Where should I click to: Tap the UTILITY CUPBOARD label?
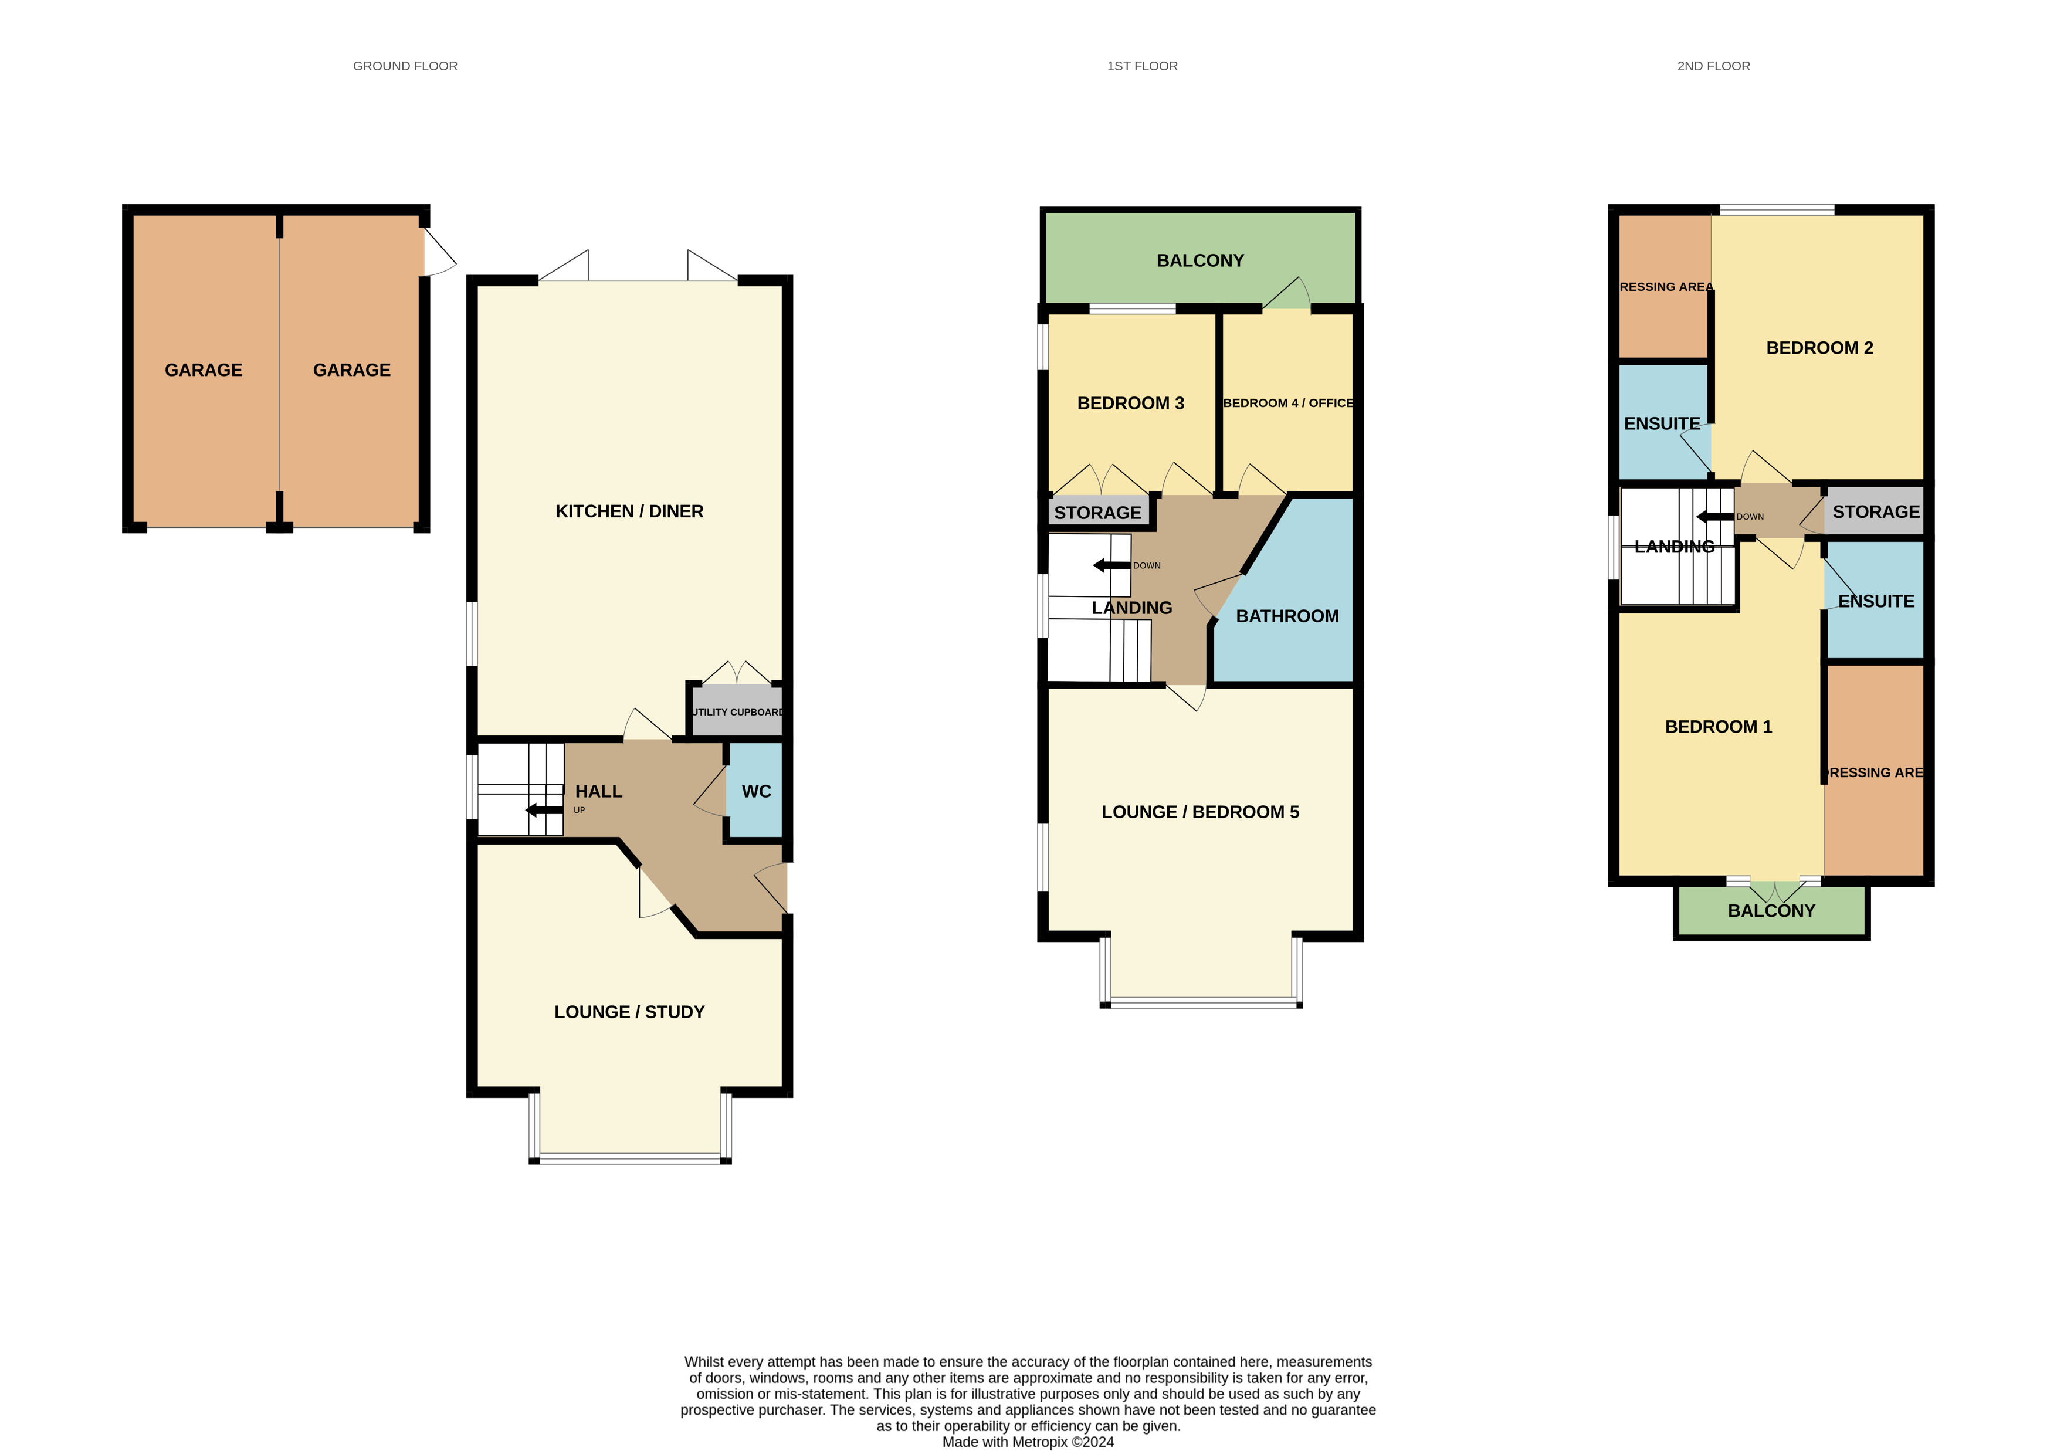pyautogui.click(x=737, y=712)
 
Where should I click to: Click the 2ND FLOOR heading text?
pyautogui.click(x=1713, y=66)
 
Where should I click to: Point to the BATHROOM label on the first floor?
pyautogui.click(x=1287, y=616)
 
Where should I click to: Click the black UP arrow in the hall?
pyautogui.click(x=544, y=811)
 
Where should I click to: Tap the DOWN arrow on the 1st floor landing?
pyautogui.click(x=1112, y=565)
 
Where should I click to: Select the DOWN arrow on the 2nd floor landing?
pyautogui.click(x=1715, y=517)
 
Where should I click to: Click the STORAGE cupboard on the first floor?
pyautogui.click(x=1099, y=511)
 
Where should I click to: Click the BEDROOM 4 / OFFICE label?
pyautogui.click(x=1288, y=403)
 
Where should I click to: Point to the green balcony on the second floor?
pyautogui.click(x=1771, y=911)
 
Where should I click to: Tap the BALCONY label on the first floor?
pyautogui.click(x=1201, y=260)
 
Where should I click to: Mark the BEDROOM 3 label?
pyautogui.click(x=1131, y=403)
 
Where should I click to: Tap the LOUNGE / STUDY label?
pyautogui.click(x=630, y=1012)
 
